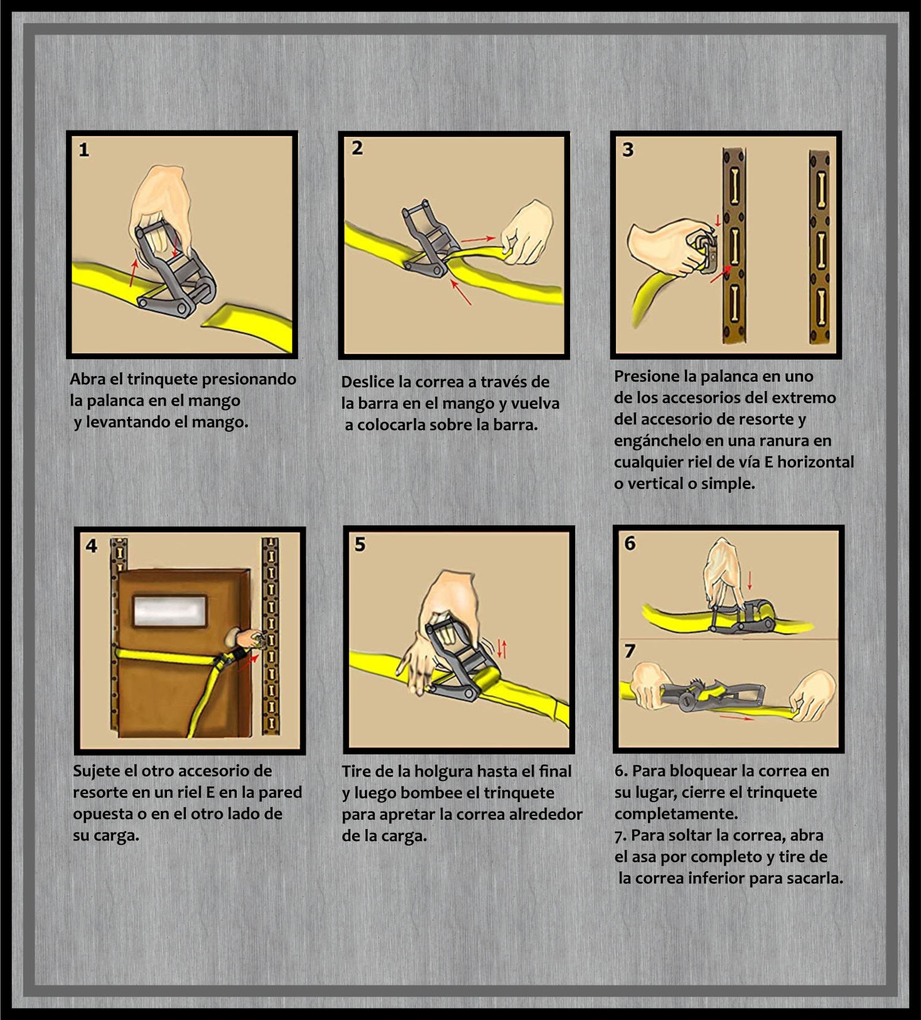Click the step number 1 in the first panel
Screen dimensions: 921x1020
click(84, 150)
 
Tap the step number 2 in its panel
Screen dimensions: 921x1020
click(357, 148)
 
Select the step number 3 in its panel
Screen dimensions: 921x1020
click(628, 150)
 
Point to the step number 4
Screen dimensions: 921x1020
click(92, 546)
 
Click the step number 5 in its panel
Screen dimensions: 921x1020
click(360, 544)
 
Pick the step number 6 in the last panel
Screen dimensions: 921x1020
click(630, 543)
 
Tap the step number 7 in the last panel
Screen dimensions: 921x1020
click(630, 652)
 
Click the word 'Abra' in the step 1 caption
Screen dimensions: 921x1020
click(87, 379)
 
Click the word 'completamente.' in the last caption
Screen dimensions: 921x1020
click(676, 814)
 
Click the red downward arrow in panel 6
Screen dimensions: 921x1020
click(749, 580)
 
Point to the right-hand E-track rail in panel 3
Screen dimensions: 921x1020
click(819, 247)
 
